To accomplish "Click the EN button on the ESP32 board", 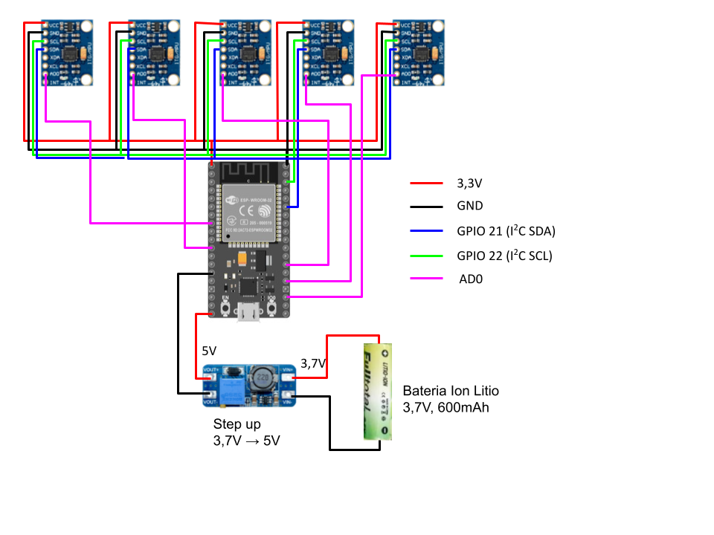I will coord(225,306).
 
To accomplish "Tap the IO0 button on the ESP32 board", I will coord(272,306).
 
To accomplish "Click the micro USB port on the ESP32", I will coord(248,312).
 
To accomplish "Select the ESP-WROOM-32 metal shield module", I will coord(249,213).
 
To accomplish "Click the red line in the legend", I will coord(426,183).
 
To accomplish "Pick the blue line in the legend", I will coord(426,231).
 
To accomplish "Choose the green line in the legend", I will coord(426,256).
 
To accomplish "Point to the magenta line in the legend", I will coord(426,278).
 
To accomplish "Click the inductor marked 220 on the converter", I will coord(262,378).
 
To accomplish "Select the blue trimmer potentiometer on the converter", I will coord(231,389).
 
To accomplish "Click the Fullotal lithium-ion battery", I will coord(377,392).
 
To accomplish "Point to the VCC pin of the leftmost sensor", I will coord(45,25).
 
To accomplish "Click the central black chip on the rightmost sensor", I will coord(422,53).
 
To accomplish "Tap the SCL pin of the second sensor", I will coord(132,42).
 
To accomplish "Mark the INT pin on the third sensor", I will coord(224,82).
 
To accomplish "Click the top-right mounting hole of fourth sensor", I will coord(347,27).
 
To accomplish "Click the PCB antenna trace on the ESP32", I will coord(249,172).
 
